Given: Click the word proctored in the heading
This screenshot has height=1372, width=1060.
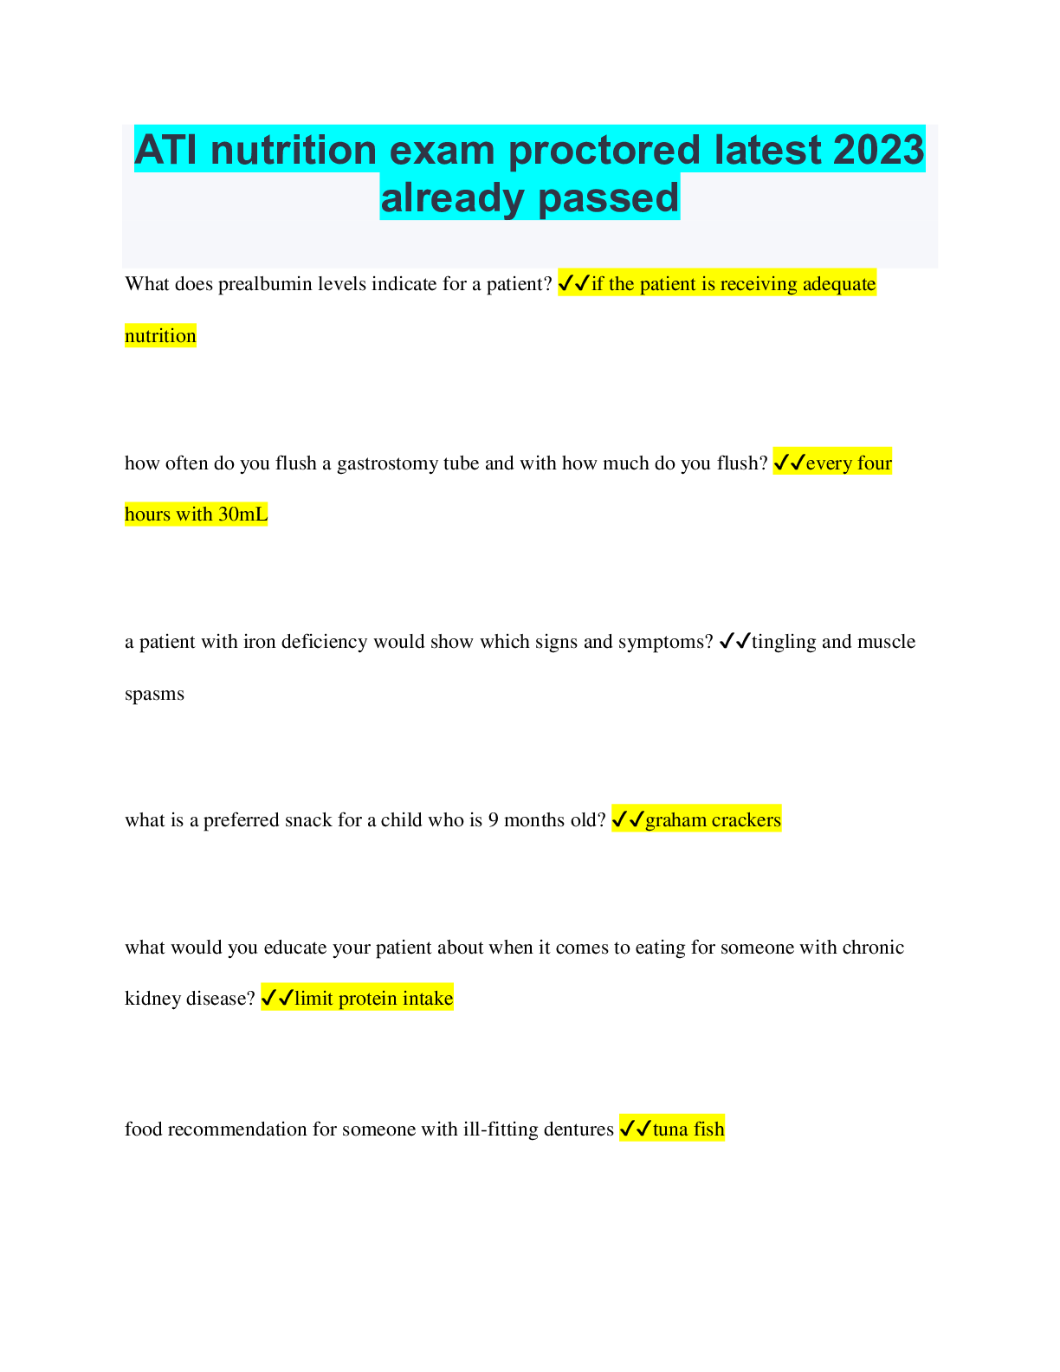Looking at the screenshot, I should click(605, 151).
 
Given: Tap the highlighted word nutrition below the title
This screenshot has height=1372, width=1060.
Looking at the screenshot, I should click(160, 336).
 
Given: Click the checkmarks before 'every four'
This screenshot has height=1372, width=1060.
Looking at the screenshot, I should click(789, 463).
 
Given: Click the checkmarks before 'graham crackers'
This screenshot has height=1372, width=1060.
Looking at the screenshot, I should click(628, 819).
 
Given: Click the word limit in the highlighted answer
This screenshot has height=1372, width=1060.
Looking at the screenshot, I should click(313, 999).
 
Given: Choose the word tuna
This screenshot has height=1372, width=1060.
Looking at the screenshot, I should click(669, 1129).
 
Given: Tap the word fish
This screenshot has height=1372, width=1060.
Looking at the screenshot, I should click(708, 1129).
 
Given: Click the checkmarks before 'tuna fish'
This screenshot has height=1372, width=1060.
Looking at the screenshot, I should click(636, 1129).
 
